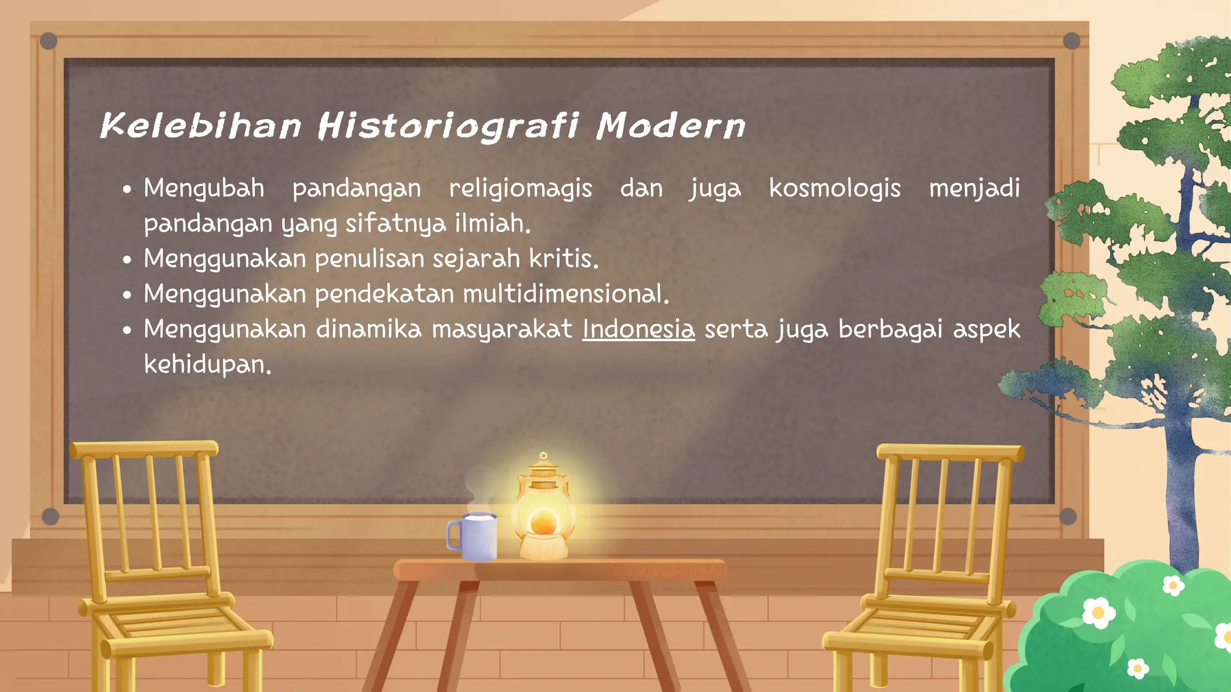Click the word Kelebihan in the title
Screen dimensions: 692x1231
(200, 126)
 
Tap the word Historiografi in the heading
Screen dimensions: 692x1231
(448, 126)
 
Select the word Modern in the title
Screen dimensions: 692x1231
(671, 126)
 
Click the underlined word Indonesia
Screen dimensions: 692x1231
(638, 329)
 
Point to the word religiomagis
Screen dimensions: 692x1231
(521, 189)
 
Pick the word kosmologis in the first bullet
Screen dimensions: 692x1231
(835, 189)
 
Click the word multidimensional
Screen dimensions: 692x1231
(565, 294)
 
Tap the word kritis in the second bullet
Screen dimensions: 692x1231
(563, 259)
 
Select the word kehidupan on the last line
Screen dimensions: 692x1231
(207, 365)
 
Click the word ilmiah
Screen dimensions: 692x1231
(492, 223)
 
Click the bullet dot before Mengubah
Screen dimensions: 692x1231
(127, 190)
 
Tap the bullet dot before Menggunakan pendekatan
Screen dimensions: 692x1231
(127, 296)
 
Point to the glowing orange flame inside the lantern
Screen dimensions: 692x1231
(543, 521)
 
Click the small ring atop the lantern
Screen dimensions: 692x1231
(543, 456)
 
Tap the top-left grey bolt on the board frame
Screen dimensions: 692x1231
(49, 41)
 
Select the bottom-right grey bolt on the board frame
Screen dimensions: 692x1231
(1068, 516)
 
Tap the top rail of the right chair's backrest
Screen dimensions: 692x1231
(950, 452)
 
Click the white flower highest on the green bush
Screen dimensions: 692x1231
(1173, 585)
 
